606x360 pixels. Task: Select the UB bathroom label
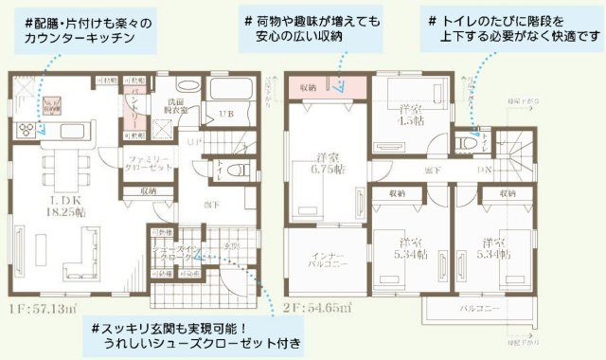pyautogui.click(x=226, y=115)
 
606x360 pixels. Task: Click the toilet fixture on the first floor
pyautogui.click(x=240, y=172)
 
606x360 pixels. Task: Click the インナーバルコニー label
pyautogui.click(x=324, y=261)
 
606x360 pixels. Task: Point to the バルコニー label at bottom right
pyautogui.click(x=478, y=309)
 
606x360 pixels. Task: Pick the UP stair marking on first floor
pyautogui.click(x=190, y=141)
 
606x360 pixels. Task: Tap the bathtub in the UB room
pyautogui.click(x=227, y=92)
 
